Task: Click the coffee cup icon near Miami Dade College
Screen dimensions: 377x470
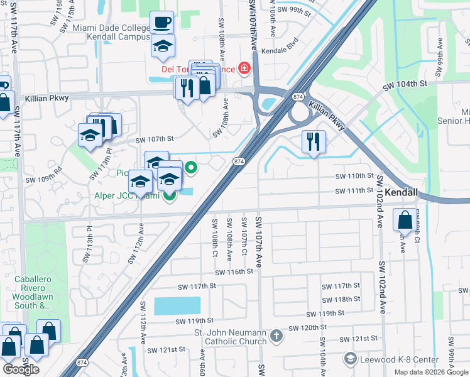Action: pos(162,23)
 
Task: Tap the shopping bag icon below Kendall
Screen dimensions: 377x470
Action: pos(405,221)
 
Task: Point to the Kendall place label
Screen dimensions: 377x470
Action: pos(402,193)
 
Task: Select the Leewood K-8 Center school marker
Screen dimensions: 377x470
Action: pos(351,359)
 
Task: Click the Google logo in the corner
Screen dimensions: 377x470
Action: pos(21,369)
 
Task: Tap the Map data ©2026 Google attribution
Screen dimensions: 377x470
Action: pos(430,372)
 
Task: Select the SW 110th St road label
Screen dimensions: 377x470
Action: pos(354,177)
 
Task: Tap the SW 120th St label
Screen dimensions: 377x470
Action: pos(308,328)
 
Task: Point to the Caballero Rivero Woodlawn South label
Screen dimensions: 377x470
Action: pos(34,292)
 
